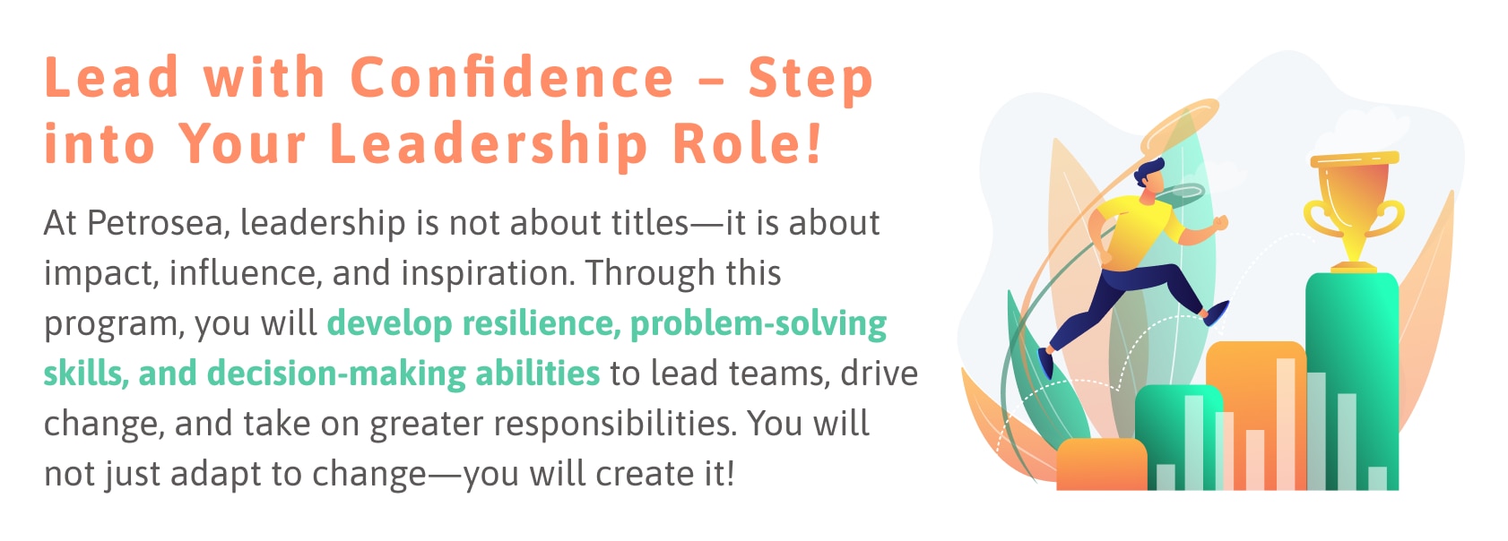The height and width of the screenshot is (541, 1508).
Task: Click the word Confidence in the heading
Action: (x=512, y=78)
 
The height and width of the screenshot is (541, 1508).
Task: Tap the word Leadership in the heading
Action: (x=488, y=145)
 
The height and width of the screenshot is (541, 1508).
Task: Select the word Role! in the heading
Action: (x=747, y=143)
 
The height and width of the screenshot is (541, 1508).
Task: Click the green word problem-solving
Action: (x=758, y=324)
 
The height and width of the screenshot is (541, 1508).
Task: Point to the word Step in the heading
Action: (x=810, y=80)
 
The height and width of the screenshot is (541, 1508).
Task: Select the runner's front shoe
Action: (x=1216, y=313)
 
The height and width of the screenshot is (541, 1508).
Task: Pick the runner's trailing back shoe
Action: (x=1044, y=363)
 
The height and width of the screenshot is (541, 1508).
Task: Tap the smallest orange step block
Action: (x=1101, y=464)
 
